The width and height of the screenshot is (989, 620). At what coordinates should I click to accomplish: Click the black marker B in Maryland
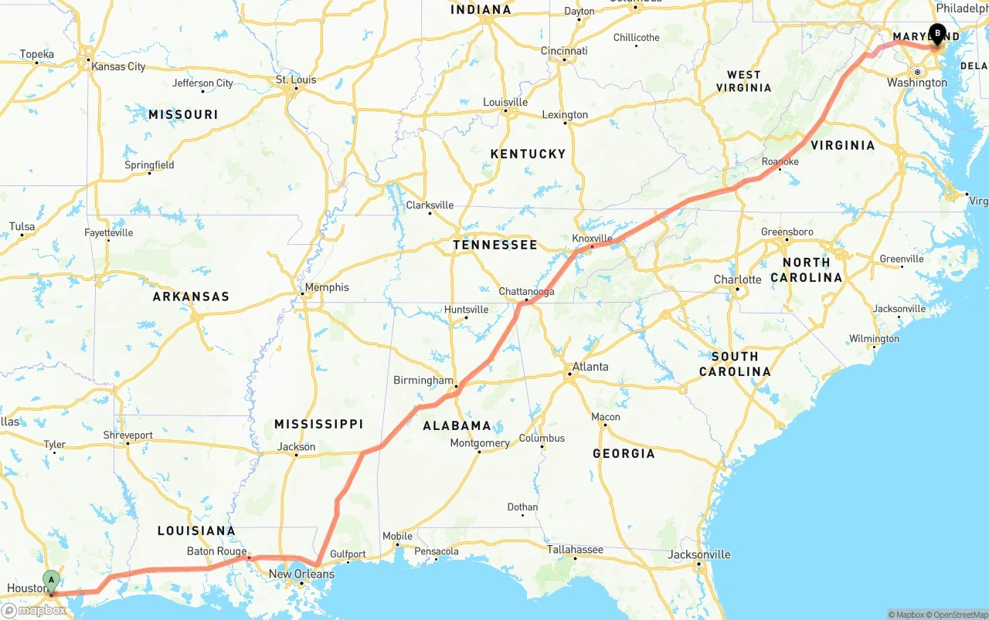(x=936, y=34)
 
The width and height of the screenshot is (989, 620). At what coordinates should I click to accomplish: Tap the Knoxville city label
(x=592, y=239)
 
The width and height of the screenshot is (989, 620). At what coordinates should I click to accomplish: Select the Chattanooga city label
(x=526, y=292)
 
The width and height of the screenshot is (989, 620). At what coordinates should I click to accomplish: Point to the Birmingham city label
(x=423, y=381)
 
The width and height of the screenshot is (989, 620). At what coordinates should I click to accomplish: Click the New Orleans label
(x=301, y=574)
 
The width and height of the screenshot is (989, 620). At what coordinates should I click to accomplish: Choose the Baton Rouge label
(x=216, y=551)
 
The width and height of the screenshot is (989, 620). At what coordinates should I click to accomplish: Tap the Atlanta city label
(x=590, y=367)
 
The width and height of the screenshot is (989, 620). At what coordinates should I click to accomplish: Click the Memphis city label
(x=327, y=287)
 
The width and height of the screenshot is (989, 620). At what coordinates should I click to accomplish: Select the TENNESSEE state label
(x=494, y=245)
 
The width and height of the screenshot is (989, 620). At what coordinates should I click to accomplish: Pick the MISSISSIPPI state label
(x=318, y=424)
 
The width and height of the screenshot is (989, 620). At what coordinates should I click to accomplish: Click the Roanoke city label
(x=780, y=161)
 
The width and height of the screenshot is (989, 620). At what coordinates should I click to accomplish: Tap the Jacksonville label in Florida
(x=699, y=554)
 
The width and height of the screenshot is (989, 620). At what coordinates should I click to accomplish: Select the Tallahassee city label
(x=575, y=550)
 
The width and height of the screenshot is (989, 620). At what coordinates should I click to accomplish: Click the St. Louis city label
(x=296, y=80)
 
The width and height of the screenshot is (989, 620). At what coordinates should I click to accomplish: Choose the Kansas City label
(x=118, y=66)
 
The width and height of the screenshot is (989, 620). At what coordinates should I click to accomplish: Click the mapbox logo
(x=34, y=610)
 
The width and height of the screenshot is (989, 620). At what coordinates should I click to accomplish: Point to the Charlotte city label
(x=737, y=280)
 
